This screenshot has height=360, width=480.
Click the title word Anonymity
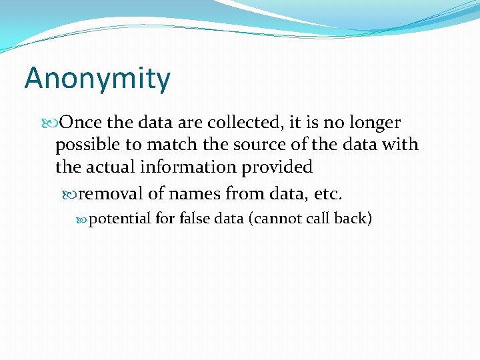coord(97,79)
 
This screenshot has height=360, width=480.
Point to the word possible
coord(87,145)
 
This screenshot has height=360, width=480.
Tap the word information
coord(190,167)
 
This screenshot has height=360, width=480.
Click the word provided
coord(277,167)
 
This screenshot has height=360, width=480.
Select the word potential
coord(119,219)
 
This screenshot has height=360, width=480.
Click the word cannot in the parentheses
coord(277,218)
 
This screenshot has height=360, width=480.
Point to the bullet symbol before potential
coord(83,219)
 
